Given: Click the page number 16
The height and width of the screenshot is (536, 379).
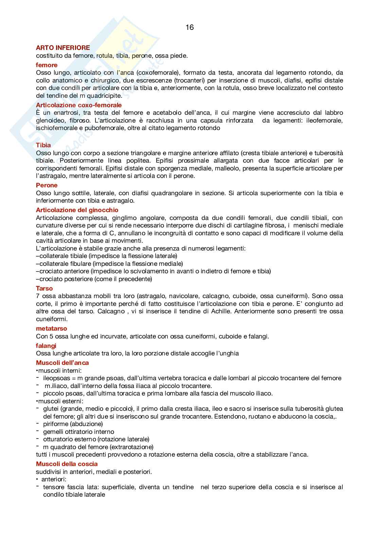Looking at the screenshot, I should click(189, 27).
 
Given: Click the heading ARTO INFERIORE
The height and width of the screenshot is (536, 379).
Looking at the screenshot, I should click(63, 48).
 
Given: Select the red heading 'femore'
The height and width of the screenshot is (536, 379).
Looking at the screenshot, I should click(47, 65).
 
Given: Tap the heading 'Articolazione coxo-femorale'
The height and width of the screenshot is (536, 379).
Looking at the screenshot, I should click(79, 105).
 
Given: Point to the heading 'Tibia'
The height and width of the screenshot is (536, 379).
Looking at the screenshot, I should click(43, 145).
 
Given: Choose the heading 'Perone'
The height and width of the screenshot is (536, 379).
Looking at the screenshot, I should click(47, 185).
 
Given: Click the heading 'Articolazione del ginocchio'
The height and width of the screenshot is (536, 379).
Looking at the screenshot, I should click(77, 210).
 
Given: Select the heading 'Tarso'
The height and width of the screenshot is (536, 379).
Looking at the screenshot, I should click(44, 288).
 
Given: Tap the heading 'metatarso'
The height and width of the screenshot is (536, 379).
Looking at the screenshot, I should click(51, 328).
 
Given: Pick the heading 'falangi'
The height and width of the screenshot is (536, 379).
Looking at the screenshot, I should click(46, 346).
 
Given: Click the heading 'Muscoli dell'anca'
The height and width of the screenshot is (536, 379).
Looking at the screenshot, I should click(62, 363).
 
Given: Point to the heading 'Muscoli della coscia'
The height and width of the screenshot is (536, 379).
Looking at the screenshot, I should click(67, 464).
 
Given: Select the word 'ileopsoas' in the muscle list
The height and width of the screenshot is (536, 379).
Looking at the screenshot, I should click(57, 378).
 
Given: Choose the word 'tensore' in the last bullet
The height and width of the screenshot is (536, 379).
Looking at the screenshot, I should click(53, 487).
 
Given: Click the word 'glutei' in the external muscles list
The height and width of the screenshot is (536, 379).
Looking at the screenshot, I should click(51, 409).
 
